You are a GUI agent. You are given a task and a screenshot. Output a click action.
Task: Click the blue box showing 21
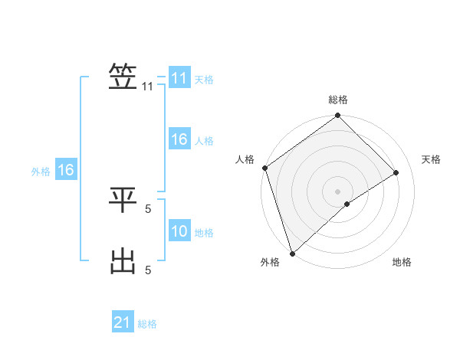123,322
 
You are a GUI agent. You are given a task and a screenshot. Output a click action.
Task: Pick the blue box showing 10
179,231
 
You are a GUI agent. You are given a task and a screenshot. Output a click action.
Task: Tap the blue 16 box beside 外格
66,170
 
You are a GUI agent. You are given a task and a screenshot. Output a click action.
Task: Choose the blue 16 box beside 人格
179,139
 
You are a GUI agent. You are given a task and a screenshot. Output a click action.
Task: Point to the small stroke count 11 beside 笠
147,87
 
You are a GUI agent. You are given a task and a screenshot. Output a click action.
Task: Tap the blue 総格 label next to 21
147,324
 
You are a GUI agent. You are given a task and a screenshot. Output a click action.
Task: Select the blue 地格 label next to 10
204,233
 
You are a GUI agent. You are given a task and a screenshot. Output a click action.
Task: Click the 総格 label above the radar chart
337,100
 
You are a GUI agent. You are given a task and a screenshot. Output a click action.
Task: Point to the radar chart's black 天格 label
432,159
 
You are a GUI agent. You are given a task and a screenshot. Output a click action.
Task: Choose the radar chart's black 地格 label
402,262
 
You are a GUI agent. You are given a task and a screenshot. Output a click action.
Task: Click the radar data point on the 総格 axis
337,116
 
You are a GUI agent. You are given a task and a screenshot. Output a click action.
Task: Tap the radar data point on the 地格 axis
347,204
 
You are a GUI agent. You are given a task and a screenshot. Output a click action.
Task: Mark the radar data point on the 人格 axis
264,168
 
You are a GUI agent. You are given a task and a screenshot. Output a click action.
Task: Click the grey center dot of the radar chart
337,191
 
